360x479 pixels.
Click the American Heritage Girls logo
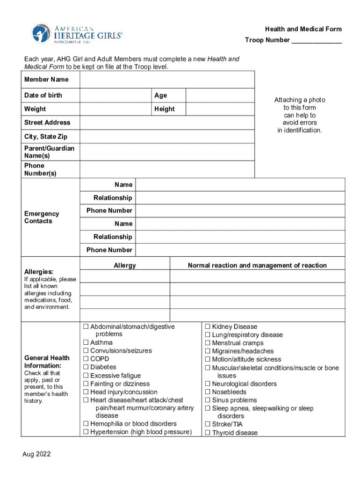click(77, 33)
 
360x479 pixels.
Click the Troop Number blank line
click(317, 41)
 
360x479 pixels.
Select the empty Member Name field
click(167, 80)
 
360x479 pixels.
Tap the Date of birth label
click(43, 95)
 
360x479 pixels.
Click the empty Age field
click(220, 95)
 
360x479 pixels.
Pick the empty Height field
click(220, 109)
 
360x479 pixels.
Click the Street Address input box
click(167, 123)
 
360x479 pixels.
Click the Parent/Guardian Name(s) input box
click(167, 152)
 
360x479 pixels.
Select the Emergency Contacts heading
click(42, 218)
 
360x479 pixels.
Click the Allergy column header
click(125, 266)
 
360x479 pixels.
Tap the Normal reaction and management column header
click(257, 266)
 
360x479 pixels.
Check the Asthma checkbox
click(86, 342)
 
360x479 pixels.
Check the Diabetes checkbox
click(86, 367)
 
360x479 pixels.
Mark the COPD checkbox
click(86, 359)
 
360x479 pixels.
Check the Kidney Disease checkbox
click(208, 327)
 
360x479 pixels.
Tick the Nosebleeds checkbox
click(208, 392)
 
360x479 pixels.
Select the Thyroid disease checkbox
click(208, 433)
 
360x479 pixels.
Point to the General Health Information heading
click(47, 362)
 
